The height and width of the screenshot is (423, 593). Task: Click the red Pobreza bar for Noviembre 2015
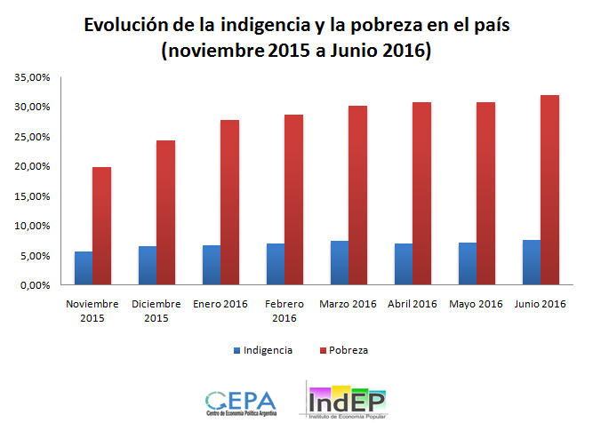click(102, 226)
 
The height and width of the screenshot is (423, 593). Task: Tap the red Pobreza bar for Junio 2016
click(550, 190)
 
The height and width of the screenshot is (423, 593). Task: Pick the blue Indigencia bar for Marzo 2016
click(340, 263)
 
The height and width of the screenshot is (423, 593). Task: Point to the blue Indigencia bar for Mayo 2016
click(468, 264)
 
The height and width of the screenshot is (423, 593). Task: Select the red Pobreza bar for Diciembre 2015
click(166, 212)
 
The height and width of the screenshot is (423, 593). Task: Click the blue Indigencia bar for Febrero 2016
click(276, 264)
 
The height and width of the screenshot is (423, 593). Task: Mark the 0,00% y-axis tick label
click(35, 285)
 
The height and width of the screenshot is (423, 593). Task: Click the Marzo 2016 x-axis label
click(349, 305)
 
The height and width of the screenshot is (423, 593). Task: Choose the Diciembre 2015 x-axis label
click(156, 311)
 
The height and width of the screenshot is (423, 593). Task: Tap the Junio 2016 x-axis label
click(540, 305)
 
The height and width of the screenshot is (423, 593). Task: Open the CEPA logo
click(240, 403)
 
